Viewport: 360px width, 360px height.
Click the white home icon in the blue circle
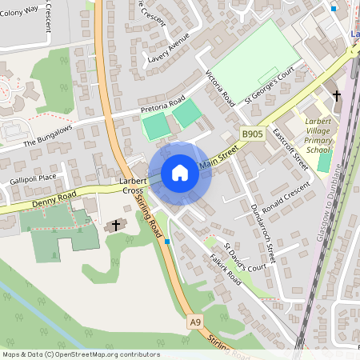(x=180, y=173)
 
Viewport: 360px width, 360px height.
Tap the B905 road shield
(x=252, y=134)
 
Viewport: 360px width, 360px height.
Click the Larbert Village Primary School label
(x=318, y=134)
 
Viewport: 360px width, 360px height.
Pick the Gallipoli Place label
(x=34, y=178)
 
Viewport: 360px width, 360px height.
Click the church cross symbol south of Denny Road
(x=116, y=226)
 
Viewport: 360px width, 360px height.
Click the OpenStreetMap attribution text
(x=80, y=354)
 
